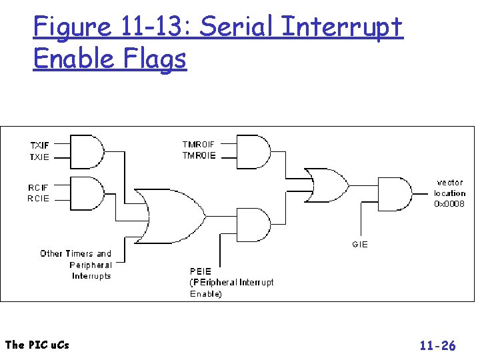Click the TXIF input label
point(39,145)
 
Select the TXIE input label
point(39,157)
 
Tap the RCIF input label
point(38,187)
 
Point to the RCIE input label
point(38,199)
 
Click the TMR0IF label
point(199,144)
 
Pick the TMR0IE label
point(199,155)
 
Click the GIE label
point(360,244)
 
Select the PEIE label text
point(201,271)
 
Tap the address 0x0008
point(449,203)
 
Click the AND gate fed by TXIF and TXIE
point(87,152)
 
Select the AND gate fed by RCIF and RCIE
point(87,193)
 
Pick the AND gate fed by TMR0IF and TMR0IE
point(254,152)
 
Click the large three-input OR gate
point(170,217)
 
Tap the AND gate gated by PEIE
point(254,225)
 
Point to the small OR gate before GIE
point(327,185)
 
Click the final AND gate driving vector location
point(395,194)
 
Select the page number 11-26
point(438,345)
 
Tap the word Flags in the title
point(155,59)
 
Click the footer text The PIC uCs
point(37,345)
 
